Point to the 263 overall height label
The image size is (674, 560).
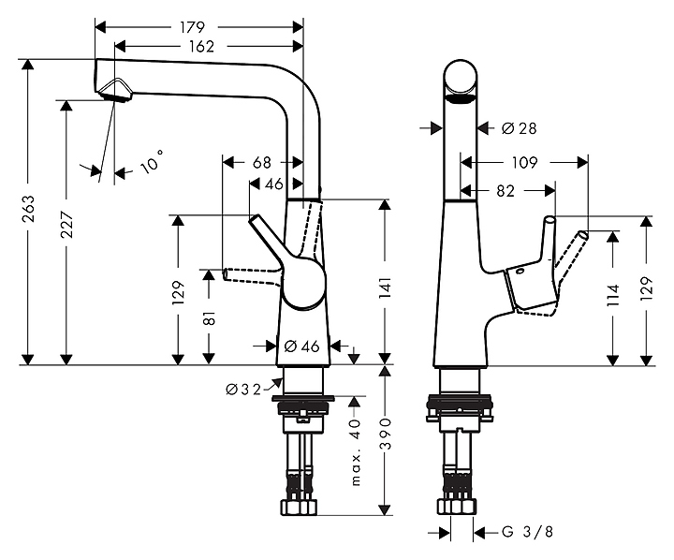28,214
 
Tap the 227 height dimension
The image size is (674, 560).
65,231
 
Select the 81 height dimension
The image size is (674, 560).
209,317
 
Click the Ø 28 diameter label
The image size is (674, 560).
519,127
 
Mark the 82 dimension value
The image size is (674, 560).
505,191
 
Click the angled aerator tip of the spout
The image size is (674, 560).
115,89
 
